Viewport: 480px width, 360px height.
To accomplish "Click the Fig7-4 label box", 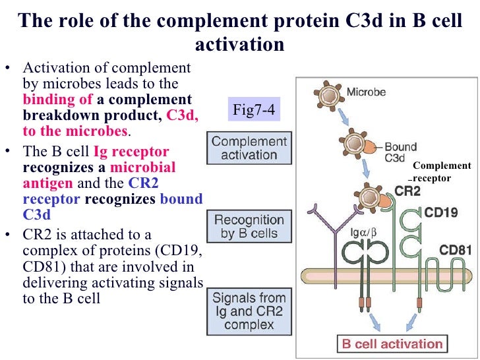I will click(255, 109).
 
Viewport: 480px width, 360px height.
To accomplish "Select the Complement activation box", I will click(249, 148).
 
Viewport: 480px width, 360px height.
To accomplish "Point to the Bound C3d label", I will click(400, 152).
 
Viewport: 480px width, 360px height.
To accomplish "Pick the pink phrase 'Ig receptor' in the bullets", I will click(132, 152).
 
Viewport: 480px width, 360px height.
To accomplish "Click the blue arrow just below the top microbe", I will click(344, 119).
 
